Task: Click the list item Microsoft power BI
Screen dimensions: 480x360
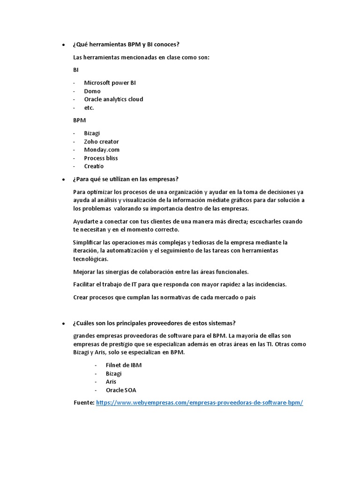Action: click(110, 82)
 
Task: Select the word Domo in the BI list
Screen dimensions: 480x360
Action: click(92, 91)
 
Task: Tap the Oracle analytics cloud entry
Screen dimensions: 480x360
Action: click(113, 99)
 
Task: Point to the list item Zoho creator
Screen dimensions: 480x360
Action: click(101, 142)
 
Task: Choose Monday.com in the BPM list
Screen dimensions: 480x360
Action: click(102, 150)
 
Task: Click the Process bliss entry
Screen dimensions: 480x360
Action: click(101, 158)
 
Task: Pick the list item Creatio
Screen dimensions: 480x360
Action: click(94, 166)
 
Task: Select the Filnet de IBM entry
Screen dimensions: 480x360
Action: click(124, 365)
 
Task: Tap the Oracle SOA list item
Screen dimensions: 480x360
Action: click(121, 390)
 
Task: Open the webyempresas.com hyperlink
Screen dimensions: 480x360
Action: click(199, 403)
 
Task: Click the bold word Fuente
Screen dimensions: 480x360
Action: click(84, 403)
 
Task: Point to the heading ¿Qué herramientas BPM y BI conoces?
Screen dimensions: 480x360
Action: click(126, 45)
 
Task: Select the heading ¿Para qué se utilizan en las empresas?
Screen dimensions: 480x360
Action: click(125, 179)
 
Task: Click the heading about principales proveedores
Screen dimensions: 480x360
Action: click(154, 323)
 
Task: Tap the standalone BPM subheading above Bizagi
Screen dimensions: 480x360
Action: click(80, 120)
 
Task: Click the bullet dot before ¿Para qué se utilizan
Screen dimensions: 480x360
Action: click(64, 180)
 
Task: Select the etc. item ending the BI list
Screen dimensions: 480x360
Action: click(89, 108)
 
